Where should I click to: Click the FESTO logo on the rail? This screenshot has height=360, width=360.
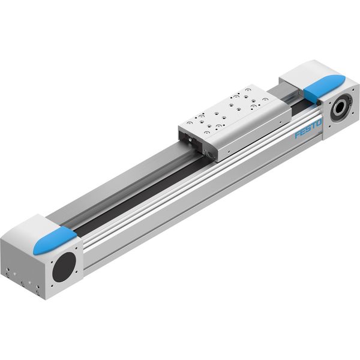pos(308,130)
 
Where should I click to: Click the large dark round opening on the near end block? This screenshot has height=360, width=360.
pos(64,267)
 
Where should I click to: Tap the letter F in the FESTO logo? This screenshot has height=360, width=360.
pos(298,135)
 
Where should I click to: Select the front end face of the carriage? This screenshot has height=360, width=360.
pos(197,143)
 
